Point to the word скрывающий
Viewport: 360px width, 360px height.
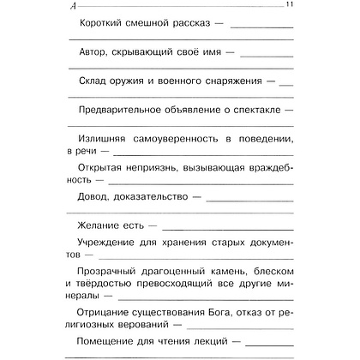coord(149,52)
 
